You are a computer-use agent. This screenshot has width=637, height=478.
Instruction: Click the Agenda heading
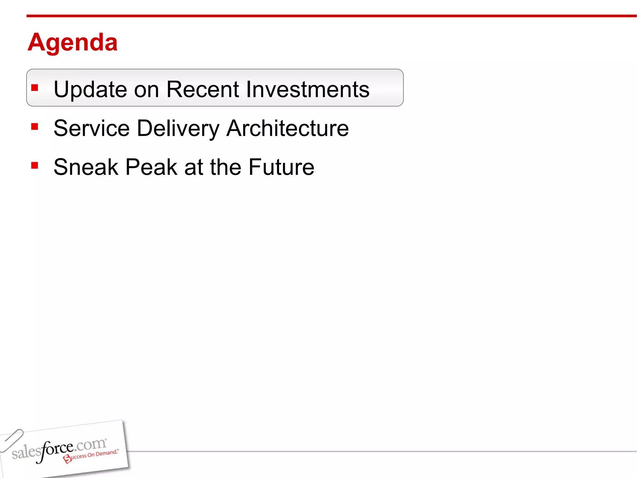(x=72, y=42)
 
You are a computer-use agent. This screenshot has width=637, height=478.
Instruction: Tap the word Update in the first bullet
(x=90, y=90)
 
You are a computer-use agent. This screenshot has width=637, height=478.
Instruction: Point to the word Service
(x=91, y=128)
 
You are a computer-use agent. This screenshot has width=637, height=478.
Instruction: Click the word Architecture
(x=287, y=128)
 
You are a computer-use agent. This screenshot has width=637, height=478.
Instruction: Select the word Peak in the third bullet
(x=151, y=167)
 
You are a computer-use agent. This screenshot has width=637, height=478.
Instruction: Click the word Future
(x=281, y=167)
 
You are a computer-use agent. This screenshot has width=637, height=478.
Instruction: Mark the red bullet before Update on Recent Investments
(x=35, y=88)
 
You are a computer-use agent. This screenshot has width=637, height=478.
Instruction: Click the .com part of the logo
(x=90, y=444)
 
